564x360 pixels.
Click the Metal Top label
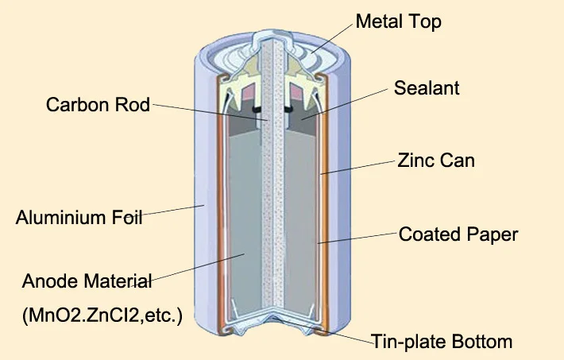[398, 21]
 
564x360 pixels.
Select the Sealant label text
[427, 87]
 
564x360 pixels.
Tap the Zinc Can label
[436, 160]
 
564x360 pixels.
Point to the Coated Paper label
[458, 234]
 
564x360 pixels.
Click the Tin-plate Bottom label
[442, 343]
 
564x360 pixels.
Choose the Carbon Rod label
[98, 105]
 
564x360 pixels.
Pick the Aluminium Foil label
[79, 217]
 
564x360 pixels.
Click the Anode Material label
[87, 281]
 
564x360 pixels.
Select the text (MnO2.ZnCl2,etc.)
[102, 315]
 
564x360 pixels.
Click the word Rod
[133, 105]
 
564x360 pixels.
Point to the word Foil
[126, 217]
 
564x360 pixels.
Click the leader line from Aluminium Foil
[173, 211]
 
